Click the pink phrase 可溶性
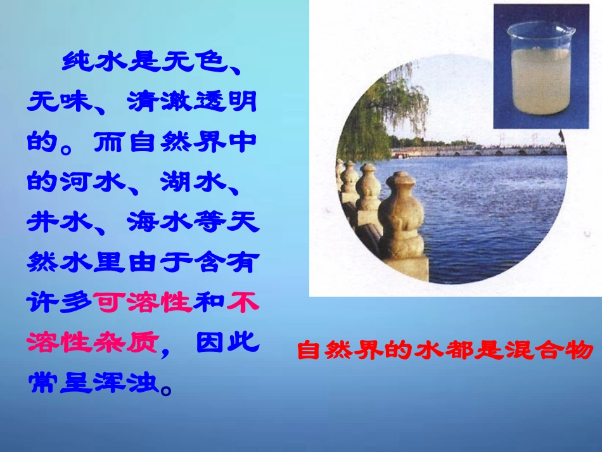[x=143, y=303]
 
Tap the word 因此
[x=226, y=343]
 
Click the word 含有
[x=226, y=262]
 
